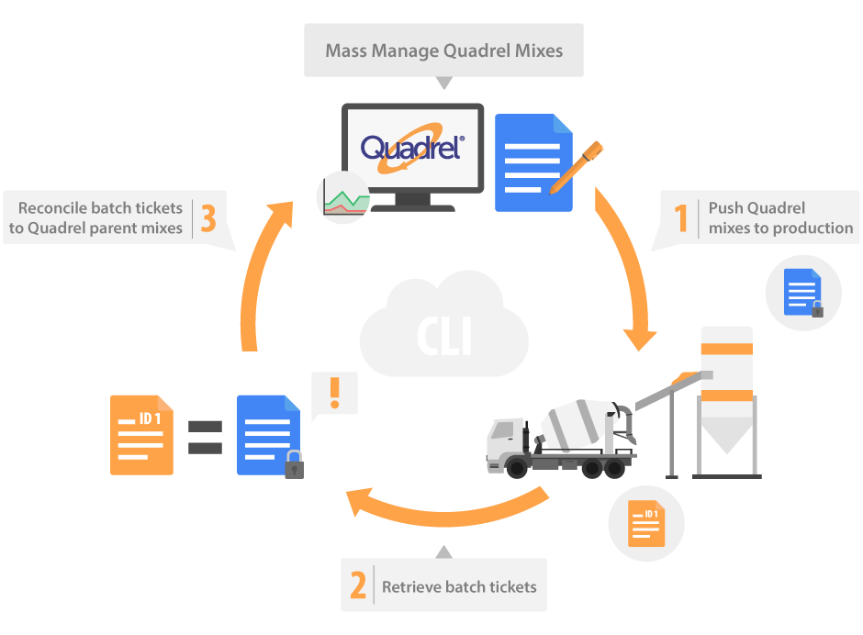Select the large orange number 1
(680, 218)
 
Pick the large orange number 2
(358, 585)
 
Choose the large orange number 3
(208, 218)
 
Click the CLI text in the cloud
(444, 337)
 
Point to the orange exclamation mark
(334, 393)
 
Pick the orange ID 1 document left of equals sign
(141, 435)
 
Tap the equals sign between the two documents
(205, 437)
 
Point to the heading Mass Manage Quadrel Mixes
(444, 50)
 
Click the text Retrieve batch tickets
(459, 586)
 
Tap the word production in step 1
(808, 228)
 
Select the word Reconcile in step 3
(51, 207)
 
